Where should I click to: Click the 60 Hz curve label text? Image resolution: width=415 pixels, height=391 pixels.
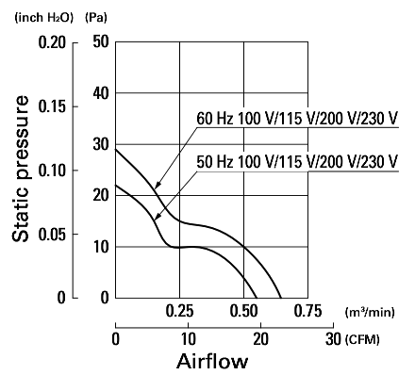297,119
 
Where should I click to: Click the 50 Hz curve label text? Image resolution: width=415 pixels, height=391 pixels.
297,162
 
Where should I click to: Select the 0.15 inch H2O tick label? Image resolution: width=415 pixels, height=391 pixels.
52,106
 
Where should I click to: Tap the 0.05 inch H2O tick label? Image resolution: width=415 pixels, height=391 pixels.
52,235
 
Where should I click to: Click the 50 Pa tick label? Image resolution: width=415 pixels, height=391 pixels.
101,41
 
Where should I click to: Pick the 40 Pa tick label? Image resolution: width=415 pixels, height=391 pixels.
101,93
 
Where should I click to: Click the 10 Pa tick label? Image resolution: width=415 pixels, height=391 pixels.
101,247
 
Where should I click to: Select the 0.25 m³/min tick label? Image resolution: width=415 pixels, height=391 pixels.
180,311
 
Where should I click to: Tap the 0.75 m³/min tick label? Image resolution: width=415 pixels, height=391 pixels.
308,311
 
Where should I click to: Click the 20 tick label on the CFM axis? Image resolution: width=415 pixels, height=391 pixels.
260,339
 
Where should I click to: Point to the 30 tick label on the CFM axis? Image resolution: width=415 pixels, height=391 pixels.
333,339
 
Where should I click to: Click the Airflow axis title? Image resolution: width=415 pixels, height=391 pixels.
212,361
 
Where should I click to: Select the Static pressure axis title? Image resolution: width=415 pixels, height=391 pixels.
21,169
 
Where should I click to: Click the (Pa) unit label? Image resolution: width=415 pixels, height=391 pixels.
96,18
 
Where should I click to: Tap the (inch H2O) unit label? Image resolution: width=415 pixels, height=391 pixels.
44,18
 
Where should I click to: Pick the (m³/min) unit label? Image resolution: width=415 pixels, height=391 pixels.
370,312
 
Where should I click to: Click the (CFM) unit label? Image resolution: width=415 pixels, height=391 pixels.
362,339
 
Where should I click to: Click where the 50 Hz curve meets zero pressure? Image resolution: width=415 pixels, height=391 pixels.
257,298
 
